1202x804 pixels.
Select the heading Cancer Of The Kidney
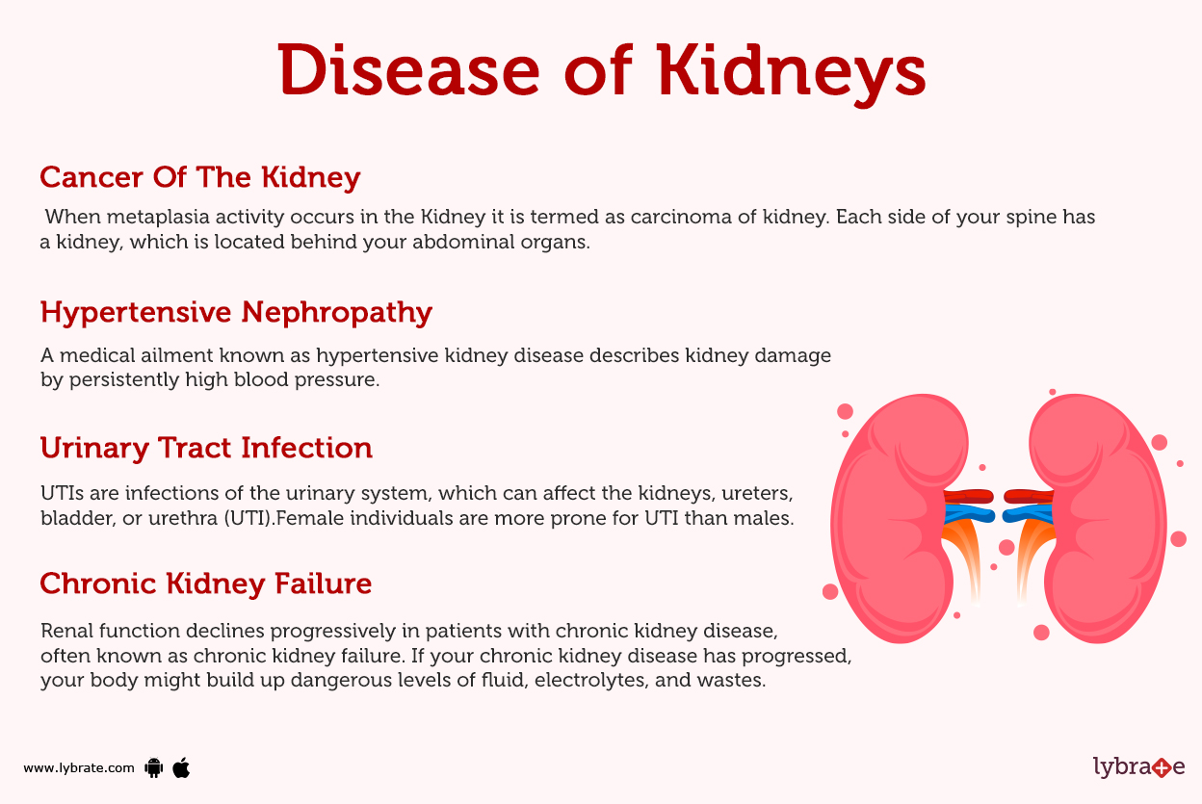200,177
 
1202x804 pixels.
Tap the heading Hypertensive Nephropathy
236,312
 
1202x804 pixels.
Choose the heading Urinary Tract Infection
206,448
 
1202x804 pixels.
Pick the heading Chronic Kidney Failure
206,584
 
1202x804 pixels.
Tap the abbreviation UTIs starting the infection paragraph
61,494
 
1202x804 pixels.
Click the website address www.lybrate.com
79,768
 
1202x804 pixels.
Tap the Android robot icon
153,767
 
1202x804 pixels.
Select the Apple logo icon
181,767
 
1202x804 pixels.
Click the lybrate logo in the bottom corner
1138,766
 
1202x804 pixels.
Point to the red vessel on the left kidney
966,496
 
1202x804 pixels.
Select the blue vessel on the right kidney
1027,513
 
